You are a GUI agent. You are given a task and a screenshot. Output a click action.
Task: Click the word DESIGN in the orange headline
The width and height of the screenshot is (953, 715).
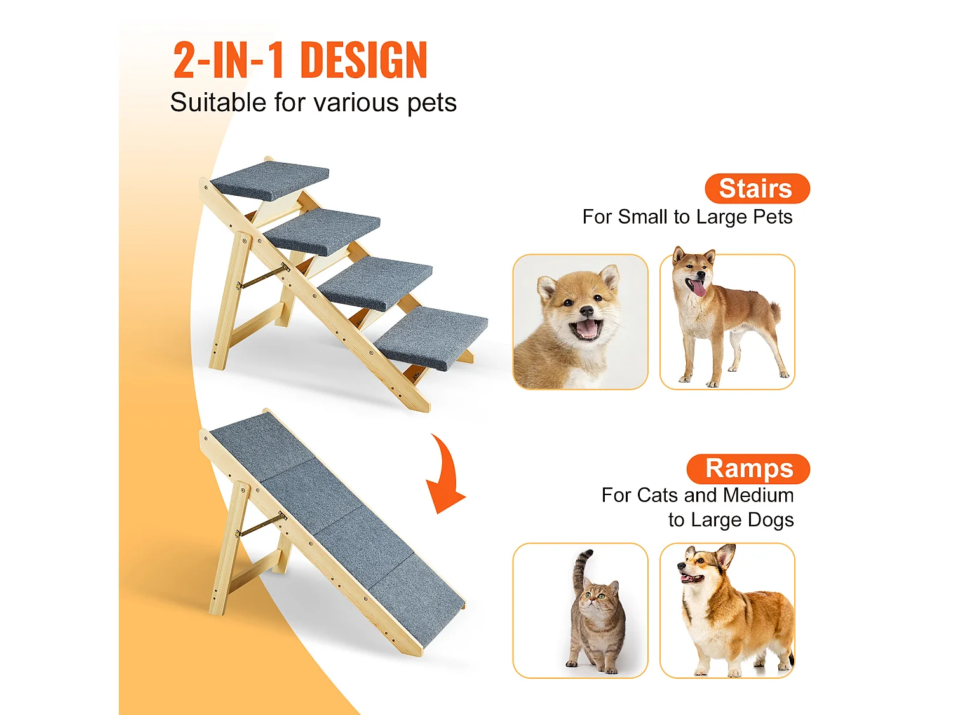pos(363,61)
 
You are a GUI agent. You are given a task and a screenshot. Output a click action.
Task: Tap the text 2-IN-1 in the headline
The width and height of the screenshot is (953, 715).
pos(228,61)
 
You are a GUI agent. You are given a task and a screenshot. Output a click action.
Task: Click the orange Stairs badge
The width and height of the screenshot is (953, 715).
pos(757,189)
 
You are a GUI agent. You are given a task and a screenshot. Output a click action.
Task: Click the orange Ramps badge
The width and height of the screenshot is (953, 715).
pos(748,469)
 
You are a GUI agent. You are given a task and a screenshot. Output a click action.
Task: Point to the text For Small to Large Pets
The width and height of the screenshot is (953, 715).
pos(687,217)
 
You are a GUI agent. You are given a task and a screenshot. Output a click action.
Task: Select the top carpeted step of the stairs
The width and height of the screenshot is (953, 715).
pos(270,179)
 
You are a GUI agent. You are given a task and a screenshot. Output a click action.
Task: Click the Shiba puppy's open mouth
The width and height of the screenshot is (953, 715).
pos(586,329)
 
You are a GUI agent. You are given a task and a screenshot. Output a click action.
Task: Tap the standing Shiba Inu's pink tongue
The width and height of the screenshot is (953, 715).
pos(698,289)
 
